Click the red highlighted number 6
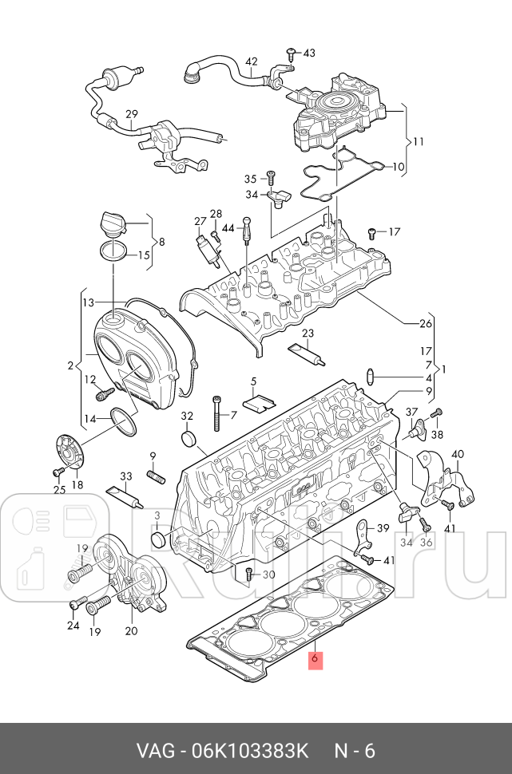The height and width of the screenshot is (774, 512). (x=316, y=659)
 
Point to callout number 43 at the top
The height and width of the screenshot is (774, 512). (x=308, y=53)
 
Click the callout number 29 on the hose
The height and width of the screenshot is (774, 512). (x=132, y=115)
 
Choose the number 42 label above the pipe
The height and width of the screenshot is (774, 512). (x=251, y=61)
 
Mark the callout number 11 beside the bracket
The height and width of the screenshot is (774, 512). (x=418, y=141)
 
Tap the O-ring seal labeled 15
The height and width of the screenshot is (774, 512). (x=114, y=254)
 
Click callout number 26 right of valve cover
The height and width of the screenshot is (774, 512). (x=426, y=323)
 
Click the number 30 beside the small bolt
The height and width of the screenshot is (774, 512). (x=268, y=575)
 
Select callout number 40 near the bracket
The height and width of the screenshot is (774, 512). (x=457, y=455)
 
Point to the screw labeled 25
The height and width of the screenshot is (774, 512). (x=58, y=472)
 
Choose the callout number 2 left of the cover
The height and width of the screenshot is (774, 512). (x=70, y=366)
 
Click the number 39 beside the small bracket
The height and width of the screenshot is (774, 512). (x=383, y=528)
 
